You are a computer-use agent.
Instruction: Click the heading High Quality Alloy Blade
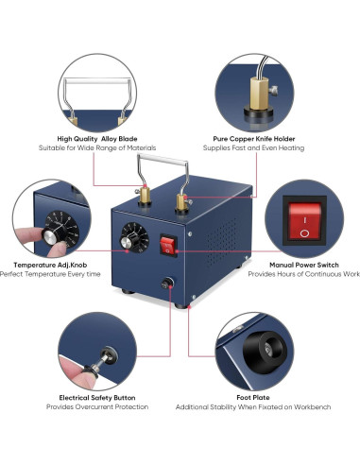tap(97, 139)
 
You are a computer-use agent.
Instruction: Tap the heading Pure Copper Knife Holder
tap(254, 139)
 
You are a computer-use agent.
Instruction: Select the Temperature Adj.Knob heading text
tap(50, 265)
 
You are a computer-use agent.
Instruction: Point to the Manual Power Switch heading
tap(304, 265)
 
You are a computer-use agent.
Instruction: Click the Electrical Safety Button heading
tap(97, 398)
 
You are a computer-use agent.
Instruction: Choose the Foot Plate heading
tap(253, 398)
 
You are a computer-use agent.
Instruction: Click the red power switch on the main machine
tap(168, 246)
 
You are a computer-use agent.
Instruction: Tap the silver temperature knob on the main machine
tap(127, 242)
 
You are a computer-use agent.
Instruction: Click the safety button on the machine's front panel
tap(167, 283)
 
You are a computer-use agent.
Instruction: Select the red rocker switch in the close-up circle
tap(304, 220)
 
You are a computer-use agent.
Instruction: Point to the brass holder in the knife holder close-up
tap(259, 94)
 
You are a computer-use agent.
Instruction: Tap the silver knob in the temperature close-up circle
tap(50, 236)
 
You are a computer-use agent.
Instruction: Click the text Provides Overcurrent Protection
tap(97, 406)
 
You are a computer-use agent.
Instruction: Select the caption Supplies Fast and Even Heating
tap(253, 147)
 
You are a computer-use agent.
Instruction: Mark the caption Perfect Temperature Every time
tap(50, 274)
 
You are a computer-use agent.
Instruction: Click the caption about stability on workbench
tap(253, 407)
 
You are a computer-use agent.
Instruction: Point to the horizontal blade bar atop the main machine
tap(163, 158)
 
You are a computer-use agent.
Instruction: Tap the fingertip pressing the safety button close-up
tap(75, 370)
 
